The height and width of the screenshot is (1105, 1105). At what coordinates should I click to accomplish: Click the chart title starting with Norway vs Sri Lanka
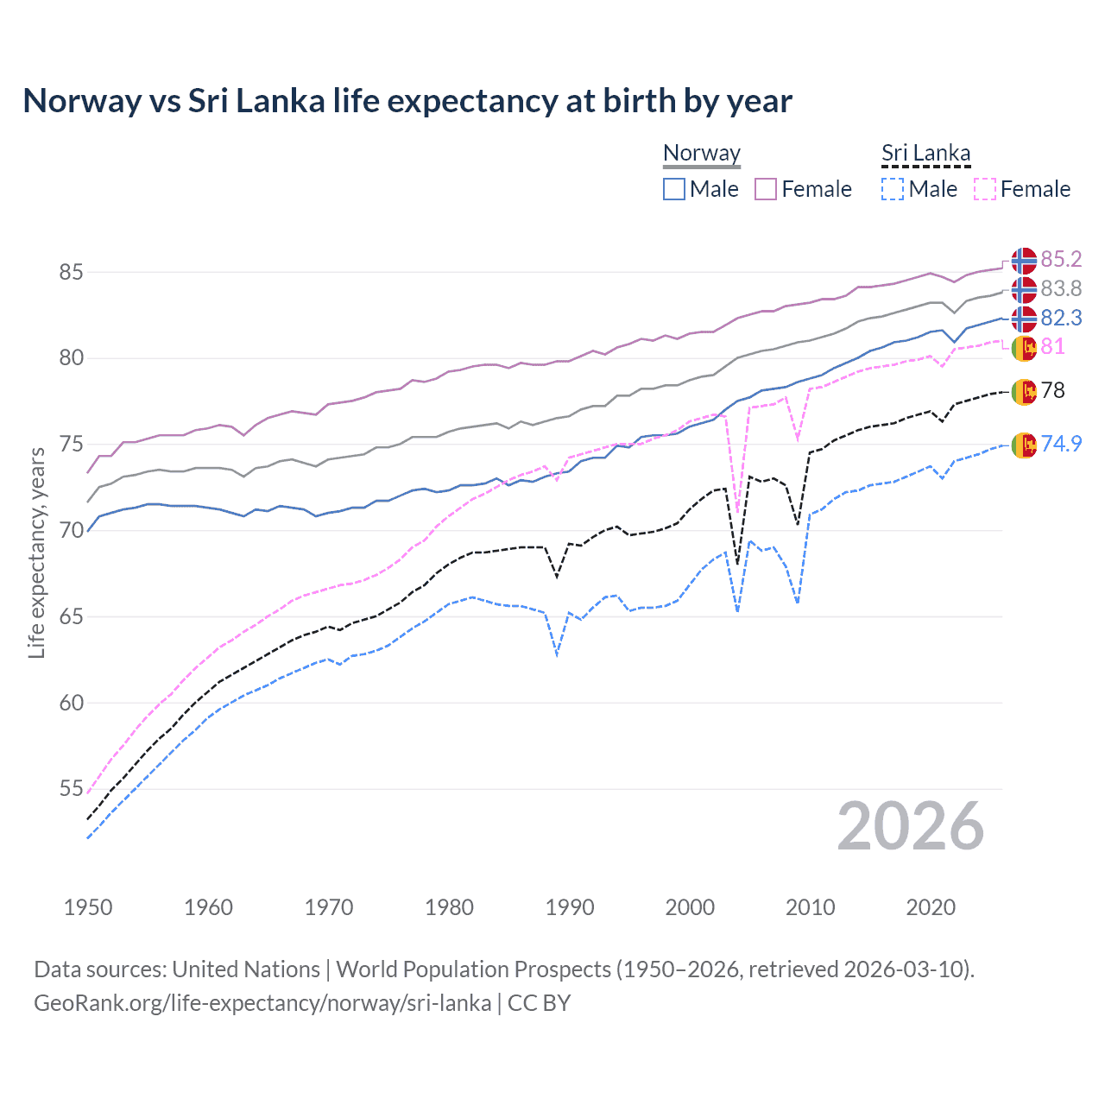407,101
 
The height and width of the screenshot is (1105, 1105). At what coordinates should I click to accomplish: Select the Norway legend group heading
701,154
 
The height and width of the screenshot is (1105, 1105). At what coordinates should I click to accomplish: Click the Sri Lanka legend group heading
925,154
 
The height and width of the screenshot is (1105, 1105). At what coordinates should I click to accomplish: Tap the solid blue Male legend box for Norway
674,189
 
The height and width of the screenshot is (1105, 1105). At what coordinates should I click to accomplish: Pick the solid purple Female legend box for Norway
766,189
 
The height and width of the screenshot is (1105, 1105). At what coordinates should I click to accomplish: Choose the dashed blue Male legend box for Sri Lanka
893,189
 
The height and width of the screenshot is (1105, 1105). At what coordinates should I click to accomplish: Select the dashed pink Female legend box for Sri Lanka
984,189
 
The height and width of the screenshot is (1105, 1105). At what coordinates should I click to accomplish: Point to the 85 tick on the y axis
71,272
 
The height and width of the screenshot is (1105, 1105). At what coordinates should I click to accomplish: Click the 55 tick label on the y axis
71,789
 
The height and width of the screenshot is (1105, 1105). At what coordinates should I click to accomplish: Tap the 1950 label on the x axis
88,907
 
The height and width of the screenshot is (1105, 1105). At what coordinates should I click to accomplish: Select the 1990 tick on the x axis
570,907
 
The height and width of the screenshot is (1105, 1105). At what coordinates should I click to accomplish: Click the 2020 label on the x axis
931,907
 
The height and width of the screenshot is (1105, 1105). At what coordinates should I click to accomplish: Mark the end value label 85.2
1061,260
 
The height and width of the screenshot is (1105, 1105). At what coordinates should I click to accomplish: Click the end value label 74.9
1061,444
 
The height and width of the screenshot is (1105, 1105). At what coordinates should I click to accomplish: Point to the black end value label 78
1053,391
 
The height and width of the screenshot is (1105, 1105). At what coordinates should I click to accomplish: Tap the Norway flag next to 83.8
1024,289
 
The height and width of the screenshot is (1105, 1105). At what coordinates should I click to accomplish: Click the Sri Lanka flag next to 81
1024,348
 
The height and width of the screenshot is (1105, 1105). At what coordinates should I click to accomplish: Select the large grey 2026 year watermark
910,826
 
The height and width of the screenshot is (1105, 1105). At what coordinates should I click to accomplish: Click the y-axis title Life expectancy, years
36,552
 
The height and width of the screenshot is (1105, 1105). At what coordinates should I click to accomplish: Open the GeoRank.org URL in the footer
262,1003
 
